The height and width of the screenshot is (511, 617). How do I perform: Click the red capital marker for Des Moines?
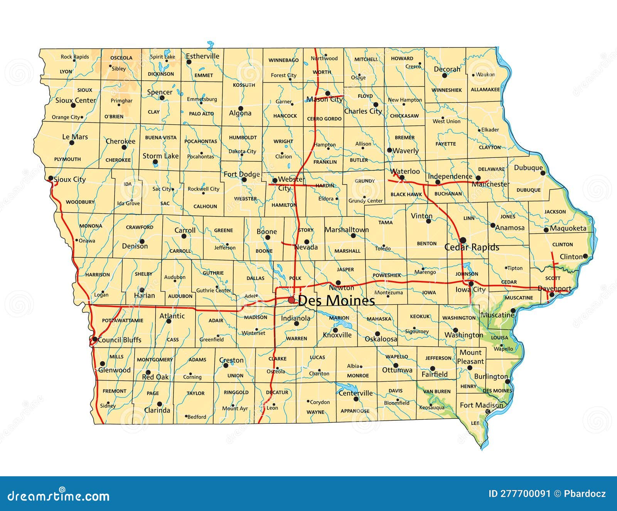(x=292, y=300)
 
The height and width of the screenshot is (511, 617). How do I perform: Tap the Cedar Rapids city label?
(x=472, y=247)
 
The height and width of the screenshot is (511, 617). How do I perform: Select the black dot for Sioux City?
(x=51, y=178)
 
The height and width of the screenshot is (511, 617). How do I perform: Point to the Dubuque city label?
(x=528, y=168)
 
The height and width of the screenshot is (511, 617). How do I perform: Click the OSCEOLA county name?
(x=121, y=58)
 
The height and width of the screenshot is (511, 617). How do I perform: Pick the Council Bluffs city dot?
(x=94, y=339)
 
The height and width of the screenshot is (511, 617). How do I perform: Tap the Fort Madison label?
(x=481, y=405)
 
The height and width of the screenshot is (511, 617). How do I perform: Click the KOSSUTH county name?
(x=244, y=85)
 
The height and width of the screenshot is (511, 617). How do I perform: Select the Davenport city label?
(x=554, y=288)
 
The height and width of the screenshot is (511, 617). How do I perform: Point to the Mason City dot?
(x=327, y=93)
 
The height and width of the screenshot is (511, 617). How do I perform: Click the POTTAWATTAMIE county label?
(x=123, y=320)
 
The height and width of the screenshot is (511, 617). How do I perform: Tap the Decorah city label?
(x=447, y=69)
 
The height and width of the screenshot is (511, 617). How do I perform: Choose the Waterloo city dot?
(x=402, y=178)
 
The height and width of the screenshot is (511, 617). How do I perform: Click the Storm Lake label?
(x=160, y=156)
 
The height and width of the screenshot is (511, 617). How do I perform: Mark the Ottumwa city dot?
(x=396, y=365)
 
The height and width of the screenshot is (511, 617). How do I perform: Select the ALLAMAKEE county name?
(x=485, y=90)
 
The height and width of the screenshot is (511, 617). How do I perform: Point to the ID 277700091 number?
(x=519, y=494)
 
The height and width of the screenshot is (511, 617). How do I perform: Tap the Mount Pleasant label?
(x=470, y=357)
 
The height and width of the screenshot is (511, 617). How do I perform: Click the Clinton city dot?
(x=585, y=256)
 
